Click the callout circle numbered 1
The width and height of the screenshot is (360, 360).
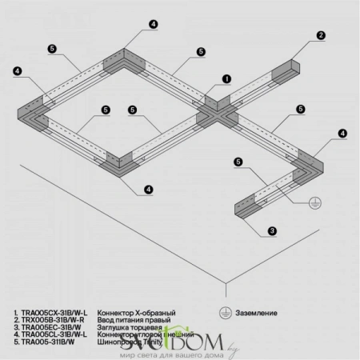point(226,79)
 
